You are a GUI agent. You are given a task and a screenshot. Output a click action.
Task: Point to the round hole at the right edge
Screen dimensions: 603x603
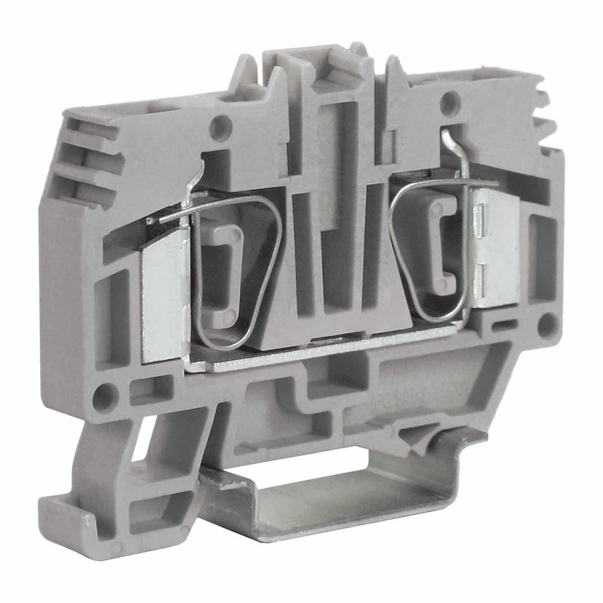(x=547, y=324)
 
